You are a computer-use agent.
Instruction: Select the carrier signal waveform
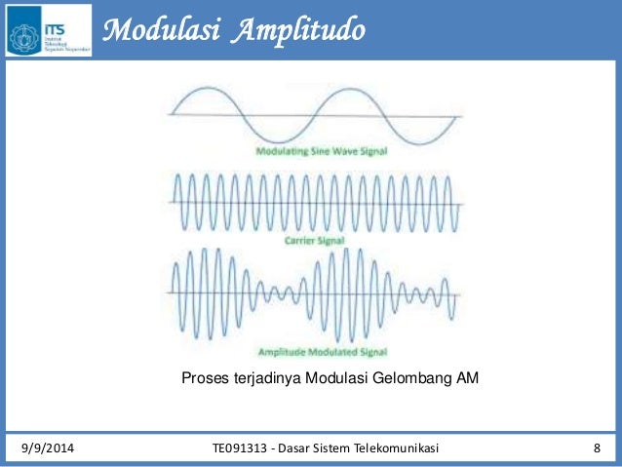pos(314,203)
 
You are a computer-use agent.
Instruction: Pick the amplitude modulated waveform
pos(314,292)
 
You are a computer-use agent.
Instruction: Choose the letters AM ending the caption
pos(467,378)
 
